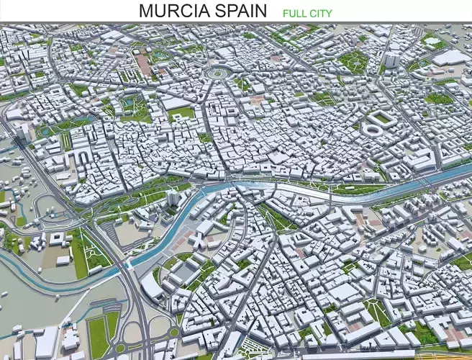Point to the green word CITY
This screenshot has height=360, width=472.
pyautogui.click(x=321, y=13)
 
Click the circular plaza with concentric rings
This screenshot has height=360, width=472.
pyautogui.click(x=215, y=73)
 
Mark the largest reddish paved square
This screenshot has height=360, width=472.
pyautogui.click(x=145, y=65)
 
